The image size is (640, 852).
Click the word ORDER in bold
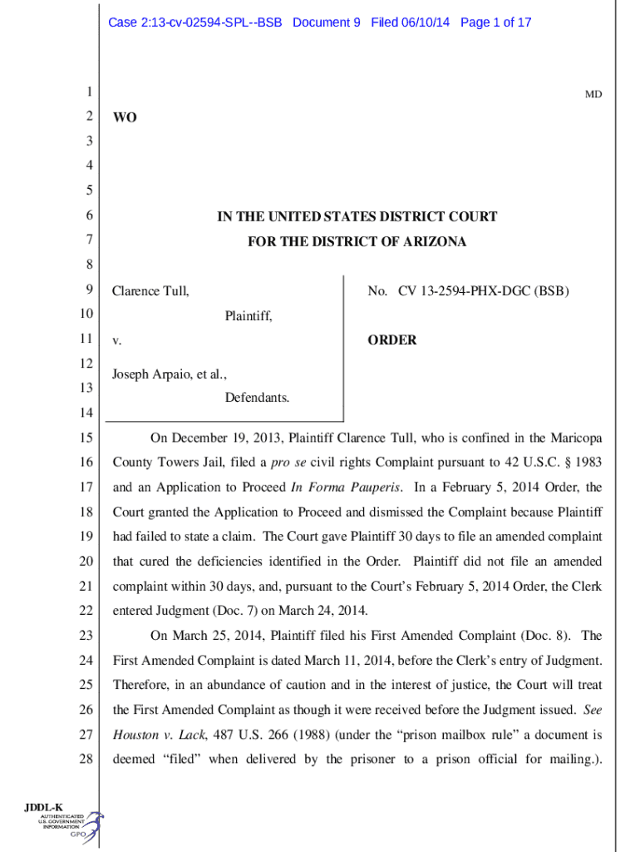coord(391,340)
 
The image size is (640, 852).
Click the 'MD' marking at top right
coord(593,95)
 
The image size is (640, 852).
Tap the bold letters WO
coord(125,118)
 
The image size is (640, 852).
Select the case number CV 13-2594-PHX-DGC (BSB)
coord(484,291)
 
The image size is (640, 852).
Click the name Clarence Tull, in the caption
coord(150,291)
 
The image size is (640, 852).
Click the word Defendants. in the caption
coord(257,398)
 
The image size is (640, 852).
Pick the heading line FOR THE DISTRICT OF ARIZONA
coord(357,242)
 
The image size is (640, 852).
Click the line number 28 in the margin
coord(86,759)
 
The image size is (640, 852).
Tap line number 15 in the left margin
coord(86,438)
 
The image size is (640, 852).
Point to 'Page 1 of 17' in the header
coord(495,22)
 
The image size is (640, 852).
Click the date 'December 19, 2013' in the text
coord(224,438)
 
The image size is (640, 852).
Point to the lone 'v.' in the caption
coord(117,341)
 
